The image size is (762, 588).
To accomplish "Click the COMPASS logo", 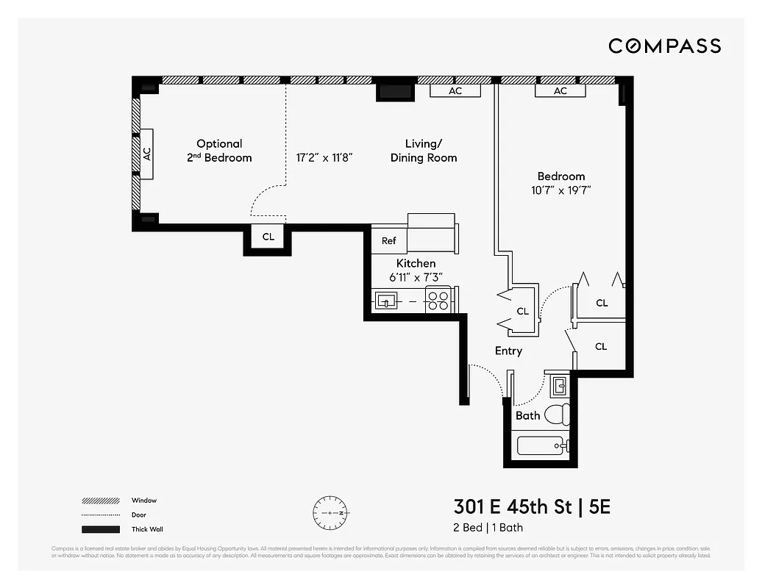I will (664, 46).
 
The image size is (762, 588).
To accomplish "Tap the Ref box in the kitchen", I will (388, 241).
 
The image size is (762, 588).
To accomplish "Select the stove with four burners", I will (438, 301).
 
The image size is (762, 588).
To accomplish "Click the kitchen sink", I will (386, 301).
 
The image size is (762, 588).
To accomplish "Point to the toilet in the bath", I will (559, 414).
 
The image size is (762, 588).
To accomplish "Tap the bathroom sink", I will (559, 385).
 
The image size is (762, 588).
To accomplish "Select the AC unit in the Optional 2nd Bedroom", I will (146, 154).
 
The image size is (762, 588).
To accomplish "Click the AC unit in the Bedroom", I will (560, 91).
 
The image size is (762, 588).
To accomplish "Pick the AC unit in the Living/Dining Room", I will (455, 91).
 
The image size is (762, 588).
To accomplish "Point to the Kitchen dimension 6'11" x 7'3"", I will (416, 277).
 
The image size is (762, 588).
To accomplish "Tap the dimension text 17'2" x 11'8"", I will (325, 157).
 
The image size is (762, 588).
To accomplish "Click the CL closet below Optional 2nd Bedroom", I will (268, 237).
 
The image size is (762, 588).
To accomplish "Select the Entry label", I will (508, 351).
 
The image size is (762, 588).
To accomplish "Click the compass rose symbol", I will (331, 512).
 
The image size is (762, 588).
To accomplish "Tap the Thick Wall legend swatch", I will (101, 529).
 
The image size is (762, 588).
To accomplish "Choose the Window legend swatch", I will (101, 501).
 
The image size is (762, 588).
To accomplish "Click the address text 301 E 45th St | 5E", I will (532, 506).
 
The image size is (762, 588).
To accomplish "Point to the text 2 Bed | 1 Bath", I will (488, 528).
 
